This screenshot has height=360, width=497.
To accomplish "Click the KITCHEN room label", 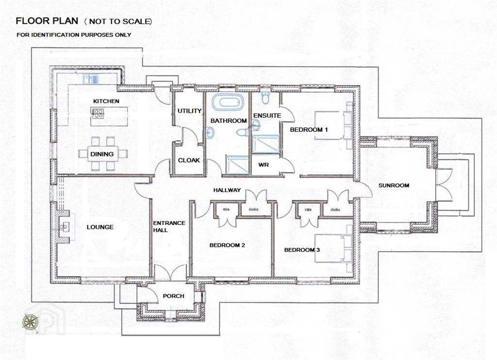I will [x=106, y=101].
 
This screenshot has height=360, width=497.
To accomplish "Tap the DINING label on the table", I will [x=102, y=154].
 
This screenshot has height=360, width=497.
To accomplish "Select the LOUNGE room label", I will [x=100, y=227].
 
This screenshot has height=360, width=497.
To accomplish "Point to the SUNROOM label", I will [x=394, y=185].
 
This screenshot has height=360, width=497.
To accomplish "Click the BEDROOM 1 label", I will [x=309, y=130].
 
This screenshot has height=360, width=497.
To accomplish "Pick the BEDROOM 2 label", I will [x=227, y=245].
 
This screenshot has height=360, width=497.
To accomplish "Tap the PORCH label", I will [x=173, y=296].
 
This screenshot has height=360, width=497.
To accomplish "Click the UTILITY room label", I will [x=189, y=111].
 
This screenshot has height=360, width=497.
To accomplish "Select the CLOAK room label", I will [x=189, y=160].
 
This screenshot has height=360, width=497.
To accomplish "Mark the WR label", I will [x=264, y=165].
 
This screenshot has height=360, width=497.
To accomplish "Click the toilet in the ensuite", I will [x=265, y=98].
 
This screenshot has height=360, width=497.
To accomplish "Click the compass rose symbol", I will [x=30, y=322].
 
